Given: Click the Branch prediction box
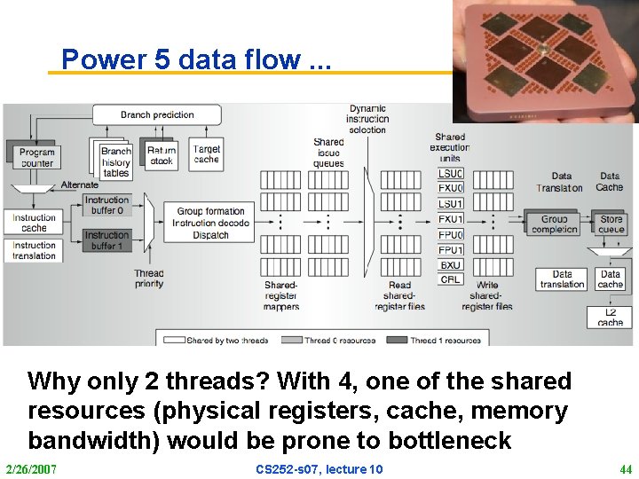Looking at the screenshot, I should pyautogui.click(x=157, y=114).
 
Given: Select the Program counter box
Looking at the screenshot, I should pyautogui.click(x=36, y=158).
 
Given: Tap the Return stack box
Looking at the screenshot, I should pyautogui.click(x=161, y=155).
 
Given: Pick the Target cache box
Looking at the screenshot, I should pyautogui.click(x=206, y=153).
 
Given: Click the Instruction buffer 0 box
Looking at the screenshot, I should pyautogui.click(x=108, y=206).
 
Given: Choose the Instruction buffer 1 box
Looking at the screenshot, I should pyautogui.click(x=108, y=239).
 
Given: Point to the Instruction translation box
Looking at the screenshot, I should pyautogui.click(x=35, y=251).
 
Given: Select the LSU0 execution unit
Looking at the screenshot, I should pyautogui.click(x=450, y=174).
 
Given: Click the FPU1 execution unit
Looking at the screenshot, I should pyautogui.click(x=450, y=250).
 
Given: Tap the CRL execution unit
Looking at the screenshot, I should pyautogui.click(x=450, y=279).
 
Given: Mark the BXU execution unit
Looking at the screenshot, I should pyautogui.click(x=450, y=265).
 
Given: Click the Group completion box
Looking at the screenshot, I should pyautogui.click(x=554, y=224).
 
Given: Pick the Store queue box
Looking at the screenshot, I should pyautogui.click(x=611, y=224).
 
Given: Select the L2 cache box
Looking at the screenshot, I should pyautogui.click(x=610, y=317).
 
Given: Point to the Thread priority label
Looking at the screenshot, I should pyautogui.click(x=149, y=279).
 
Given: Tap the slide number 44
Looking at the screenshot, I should pyautogui.click(x=624, y=468).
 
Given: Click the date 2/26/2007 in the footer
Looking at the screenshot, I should pyautogui.click(x=30, y=468).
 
